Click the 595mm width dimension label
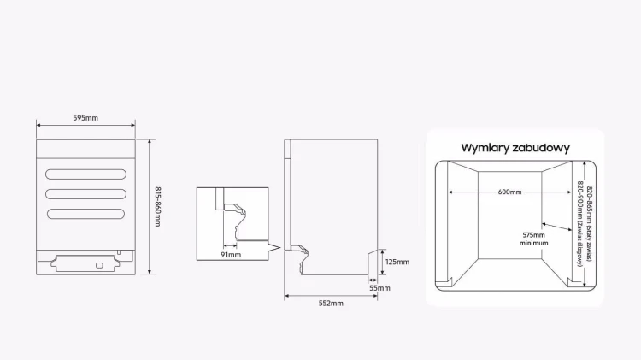(x=85, y=118)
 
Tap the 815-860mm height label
(x=158, y=207)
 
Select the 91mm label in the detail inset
(x=231, y=255)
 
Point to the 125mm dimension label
(x=397, y=262)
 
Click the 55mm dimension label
(x=379, y=288)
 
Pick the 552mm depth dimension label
(x=331, y=304)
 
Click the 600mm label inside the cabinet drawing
(x=509, y=192)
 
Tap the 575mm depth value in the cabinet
(x=533, y=235)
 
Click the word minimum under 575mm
(x=534, y=243)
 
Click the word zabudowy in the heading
(x=540, y=148)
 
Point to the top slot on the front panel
(x=85, y=174)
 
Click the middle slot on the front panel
(x=85, y=194)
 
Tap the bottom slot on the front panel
(x=85, y=214)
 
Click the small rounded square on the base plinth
(x=99, y=266)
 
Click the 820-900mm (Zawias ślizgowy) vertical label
(x=579, y=223)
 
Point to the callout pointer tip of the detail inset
(x=280, y=247)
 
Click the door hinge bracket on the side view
(x=302, y=254)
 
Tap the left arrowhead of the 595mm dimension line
(x=38, y=125)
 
